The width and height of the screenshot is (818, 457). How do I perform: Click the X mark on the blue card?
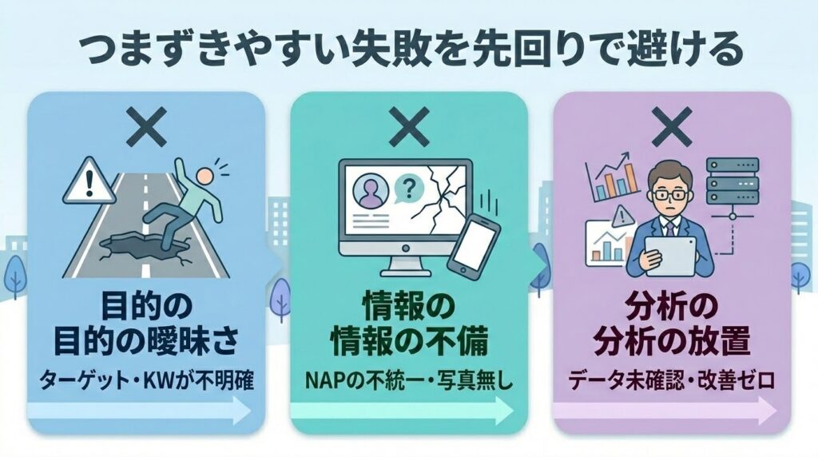pyautogui.click(x=147, y=127)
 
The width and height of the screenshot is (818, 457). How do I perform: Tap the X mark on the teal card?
pyautogui.click(x=409, y=127)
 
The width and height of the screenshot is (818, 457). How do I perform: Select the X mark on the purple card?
pyautogui.click(x=672, y=127)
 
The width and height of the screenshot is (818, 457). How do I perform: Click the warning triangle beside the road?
pyautogui.click(x=89, y=181)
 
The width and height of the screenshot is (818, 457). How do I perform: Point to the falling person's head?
pyautogui.click(x=204, y=175)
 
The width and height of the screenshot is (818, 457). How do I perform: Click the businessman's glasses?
pyautogui.click(x=669, y=195)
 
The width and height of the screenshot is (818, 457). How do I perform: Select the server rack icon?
pyautogui.click(x=732, y=181)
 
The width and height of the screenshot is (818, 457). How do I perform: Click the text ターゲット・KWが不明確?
pyautogui.click(x=147, y=381)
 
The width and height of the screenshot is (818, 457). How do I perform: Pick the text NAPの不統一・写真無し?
pyautogui.click(x=409, y=381)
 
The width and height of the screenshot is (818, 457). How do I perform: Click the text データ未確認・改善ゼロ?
pyautogui.click(x=672, y=381)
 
